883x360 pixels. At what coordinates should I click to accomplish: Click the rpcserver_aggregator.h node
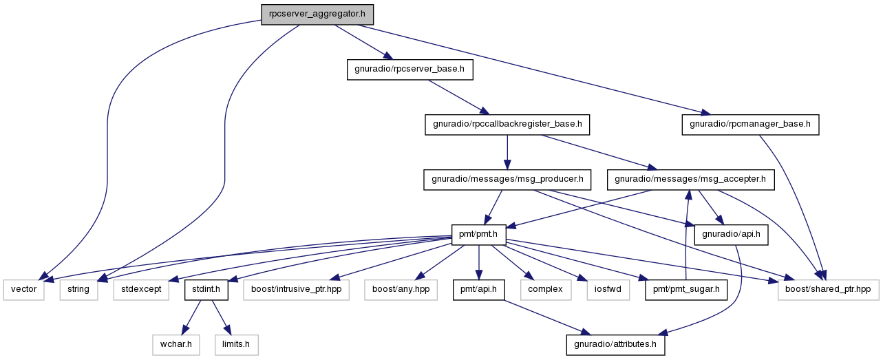(x=317, y=14)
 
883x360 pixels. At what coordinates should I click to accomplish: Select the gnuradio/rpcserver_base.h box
(x=409, y=70)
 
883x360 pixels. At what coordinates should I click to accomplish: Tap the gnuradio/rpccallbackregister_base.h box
(x=507, y=125)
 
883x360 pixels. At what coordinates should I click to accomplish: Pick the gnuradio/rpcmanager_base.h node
(x=750, y=125)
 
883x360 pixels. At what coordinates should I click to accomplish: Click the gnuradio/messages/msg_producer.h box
(x=507, y=180)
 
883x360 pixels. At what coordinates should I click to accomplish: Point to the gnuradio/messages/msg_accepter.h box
(x=690, y=180)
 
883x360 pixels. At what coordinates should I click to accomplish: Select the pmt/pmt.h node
(x=478, y=235)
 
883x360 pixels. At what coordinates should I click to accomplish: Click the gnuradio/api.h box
(x=731, y=235)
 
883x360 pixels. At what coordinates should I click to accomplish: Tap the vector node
(x=23, y=290)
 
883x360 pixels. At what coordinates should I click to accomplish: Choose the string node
(x=78, y=290)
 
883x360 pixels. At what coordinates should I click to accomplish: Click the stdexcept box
(x=141, y=290)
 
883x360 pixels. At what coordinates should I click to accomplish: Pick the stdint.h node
(x=206, y=290)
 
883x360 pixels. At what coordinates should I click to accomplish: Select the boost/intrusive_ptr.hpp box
(x=296, y=290)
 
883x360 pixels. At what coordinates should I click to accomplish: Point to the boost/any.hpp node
(x=401, y=290)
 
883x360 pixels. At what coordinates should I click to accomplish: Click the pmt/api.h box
(x=478, y=290)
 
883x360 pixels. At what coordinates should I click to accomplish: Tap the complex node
(x=546, y=290)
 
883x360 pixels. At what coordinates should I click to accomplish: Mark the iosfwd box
(x=608, y=290)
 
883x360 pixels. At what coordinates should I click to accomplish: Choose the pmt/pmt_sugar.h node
(x=686, y=290)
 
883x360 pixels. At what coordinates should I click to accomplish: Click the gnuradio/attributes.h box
(x=615, y=345)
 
